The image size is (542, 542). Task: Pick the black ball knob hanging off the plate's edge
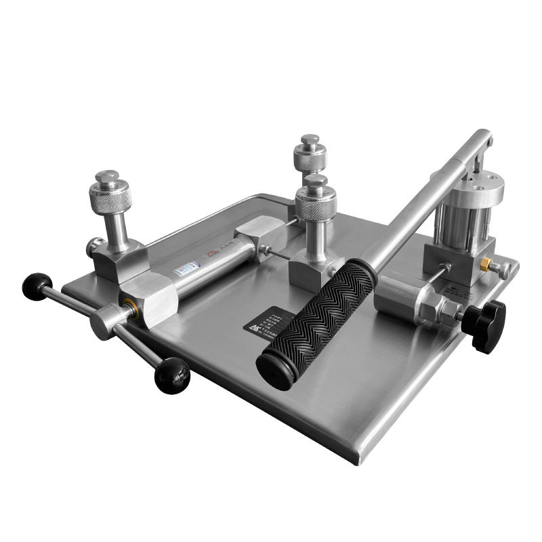tap(171, 375)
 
